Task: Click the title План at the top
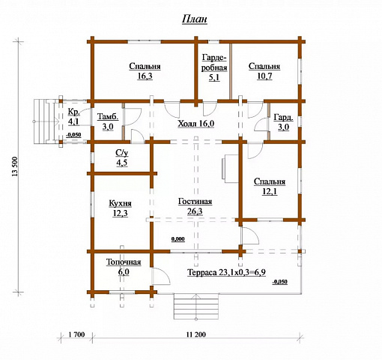point(195,19)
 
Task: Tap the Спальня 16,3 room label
point(145,71)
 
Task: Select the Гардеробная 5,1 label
point(214,67)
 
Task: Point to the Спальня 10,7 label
point(264,71)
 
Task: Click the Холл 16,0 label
point(196,124)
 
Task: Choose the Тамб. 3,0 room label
point(108,121)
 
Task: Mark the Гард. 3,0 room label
point(283,122)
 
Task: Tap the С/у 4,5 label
point(122,157)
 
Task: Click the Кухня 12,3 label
point(120,208)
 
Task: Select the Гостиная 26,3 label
point(195,206)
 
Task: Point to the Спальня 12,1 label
point(270,187)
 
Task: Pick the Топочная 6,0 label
point(124,267)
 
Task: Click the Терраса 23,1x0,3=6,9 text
point(226,272)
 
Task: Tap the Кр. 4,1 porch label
point(74,116)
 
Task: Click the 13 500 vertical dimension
point(15,166)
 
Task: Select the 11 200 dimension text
point(195,334)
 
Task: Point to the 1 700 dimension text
point(76,334)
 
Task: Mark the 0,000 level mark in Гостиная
point(178,239)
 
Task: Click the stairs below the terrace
point(196,307)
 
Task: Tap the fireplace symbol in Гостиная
point(230,169)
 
